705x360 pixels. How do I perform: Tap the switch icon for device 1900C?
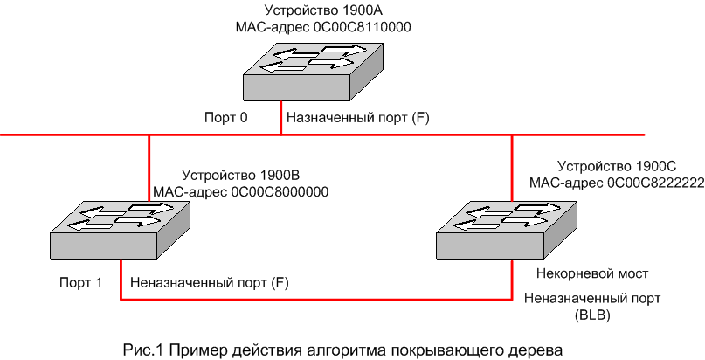coord(505,228)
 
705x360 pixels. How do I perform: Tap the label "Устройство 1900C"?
coord(618,165)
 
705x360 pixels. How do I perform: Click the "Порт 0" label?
coord(226,117)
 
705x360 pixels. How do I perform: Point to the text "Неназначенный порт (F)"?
coord(209,282)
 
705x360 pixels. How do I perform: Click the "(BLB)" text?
coord(592,313)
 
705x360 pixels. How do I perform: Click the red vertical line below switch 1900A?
coord(280,118)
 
